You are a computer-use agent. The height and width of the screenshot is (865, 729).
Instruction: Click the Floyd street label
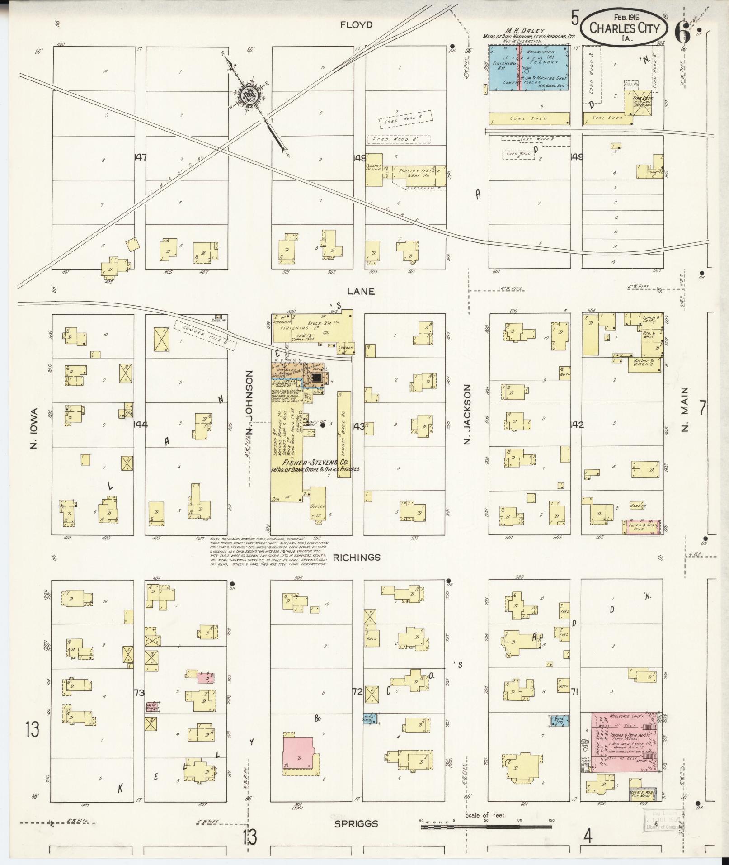[x=357, y=25]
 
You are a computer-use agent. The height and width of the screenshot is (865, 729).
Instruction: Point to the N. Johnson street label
[x=249, y=405]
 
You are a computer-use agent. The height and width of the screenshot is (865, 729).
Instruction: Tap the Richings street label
[x=357, y=557]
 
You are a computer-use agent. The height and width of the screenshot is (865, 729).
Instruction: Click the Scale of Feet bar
[x=486, y=827]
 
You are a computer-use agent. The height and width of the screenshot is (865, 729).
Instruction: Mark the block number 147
[x=141, y=157]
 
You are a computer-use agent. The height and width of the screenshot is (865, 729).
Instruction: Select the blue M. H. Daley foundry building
[x=529, y=68]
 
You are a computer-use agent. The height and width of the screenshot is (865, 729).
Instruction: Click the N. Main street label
[x=685, y=409]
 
